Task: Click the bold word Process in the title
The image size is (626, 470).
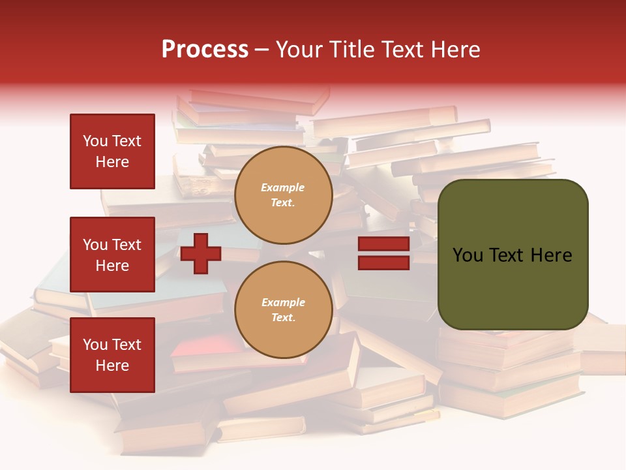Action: click(x=205, y=50)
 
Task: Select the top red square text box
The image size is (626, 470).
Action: click(x=112, y=151)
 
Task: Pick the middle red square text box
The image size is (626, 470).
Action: click(x=112, y=255)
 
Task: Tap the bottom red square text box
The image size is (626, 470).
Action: click(x=112, y=355)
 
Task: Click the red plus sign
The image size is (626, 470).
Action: click(x=201, y=253)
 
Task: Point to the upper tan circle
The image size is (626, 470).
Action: click(x=283, y=195)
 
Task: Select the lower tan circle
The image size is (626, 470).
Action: click(x=283, y=310)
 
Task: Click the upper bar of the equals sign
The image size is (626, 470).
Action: click(x=383, y=244)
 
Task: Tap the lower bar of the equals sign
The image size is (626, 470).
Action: click(x=383, y=263)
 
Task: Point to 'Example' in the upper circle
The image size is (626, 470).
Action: click(x=283, y=188)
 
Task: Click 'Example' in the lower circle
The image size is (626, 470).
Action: click(x=283, y=303)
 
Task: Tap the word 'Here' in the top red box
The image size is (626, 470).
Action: click(x=112, y=162)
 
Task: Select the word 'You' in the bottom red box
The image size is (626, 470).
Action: click(x=95, y=345)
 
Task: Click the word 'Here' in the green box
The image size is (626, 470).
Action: click(x=552, y=255)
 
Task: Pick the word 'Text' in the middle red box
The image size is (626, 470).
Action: click(x=127, y=245)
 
